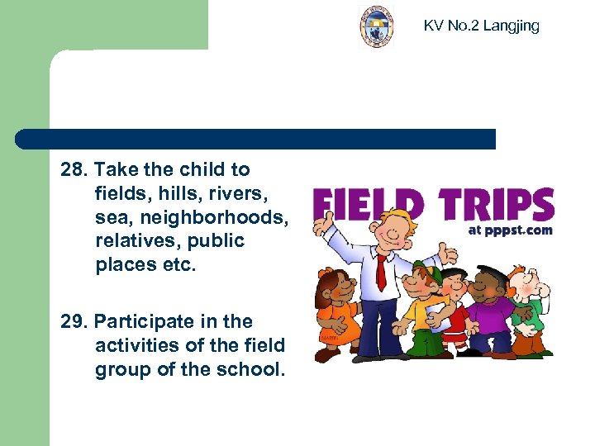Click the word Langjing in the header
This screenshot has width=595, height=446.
pyautogui.click(x=511, y=26)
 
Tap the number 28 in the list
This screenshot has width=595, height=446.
pyautogui.click(x=73, y=170)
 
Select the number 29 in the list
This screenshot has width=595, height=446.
pyautogui.click(x=73, y=321)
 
